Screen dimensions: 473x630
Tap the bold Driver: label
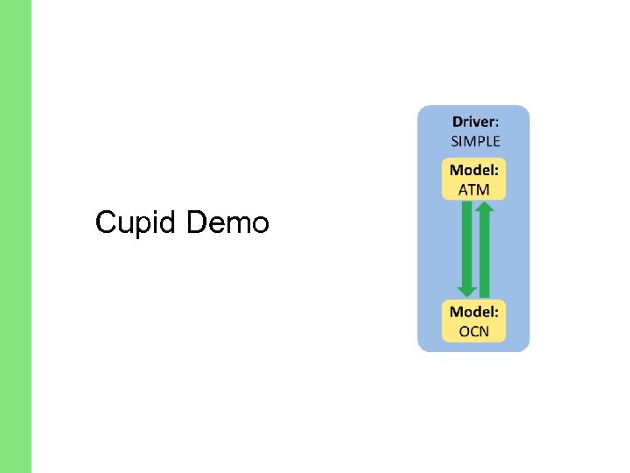click(x=476, y=123)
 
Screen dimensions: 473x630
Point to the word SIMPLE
click(x=476, y=140)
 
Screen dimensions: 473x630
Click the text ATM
click(x=474, y=188)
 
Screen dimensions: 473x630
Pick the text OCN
click(x=474, y=331)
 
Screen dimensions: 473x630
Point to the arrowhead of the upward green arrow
click(x=485, y=208)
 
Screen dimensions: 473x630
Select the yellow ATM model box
click(x=474, y=180)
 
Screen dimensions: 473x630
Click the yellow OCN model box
click(x=474, y=321)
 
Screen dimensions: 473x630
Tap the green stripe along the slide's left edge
click(x=16, y=236)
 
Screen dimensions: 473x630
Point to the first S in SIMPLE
click(x=455, y=140)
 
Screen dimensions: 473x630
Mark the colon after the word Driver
click(x=498, y=124)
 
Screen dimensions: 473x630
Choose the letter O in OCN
click(x=464, y=331)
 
